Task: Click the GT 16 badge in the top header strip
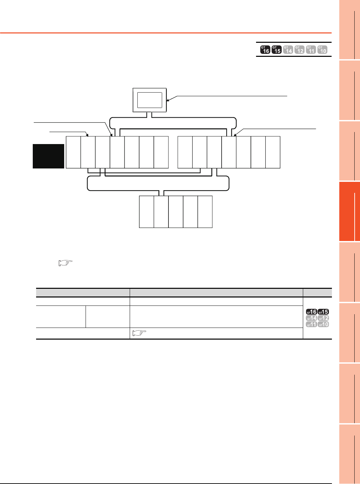point(265,49)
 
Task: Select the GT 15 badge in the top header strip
point(277,49)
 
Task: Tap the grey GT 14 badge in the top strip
point(288,49)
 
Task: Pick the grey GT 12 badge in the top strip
point(299,49)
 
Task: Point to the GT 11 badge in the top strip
point(311,49)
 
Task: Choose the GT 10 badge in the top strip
point(322,49)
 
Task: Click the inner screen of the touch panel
point(149,100)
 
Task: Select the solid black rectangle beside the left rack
point(48,156)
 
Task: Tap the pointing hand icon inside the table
point(139,333)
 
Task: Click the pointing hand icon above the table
point(66,263)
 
